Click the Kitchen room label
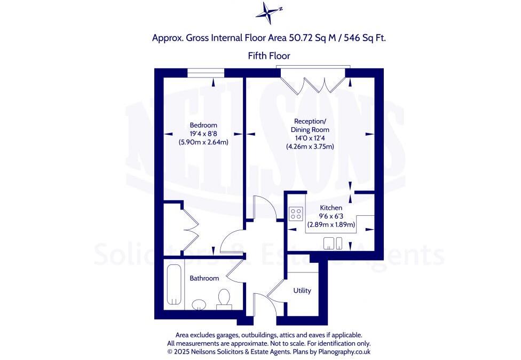pyautogui.click(x=331, y=208)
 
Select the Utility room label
pyautogui.click(x=302, y=291)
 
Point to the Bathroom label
pyautogui.click(x=204, y=278)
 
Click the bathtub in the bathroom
pyautogui.click(x=173, y=285)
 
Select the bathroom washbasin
pyautogui.click(x=199, y=304)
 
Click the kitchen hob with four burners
pyautogui.click(x=295, y=214)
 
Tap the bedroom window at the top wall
pyautogui.click(x=206, y=72)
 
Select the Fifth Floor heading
pyautogui.click(x=269, y=56)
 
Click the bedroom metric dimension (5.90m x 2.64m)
pyautogui.click(x=203, y=143)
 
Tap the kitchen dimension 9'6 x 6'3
pyautogui.click(x=331, y=216)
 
